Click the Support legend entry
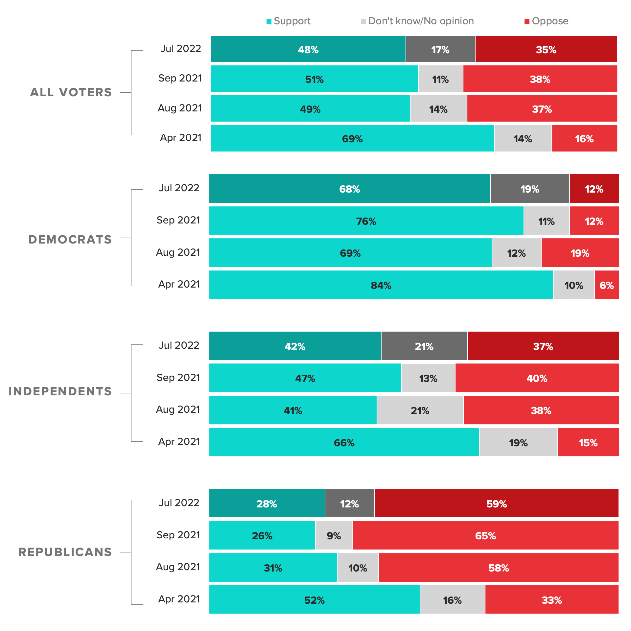pyautogui.click(x=289, y=21)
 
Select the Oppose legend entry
pyautogui.click(x=547, y=21)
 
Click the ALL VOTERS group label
pyautogui.click(x=71, y=92)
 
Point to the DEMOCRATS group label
pyautogui.click(x=70, y=240)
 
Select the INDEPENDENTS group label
pyautogui.click(x=60, y=391)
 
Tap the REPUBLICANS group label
pyautogui.click(x=65, y=552)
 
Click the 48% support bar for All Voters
pyautogui.click(x=308, y=49)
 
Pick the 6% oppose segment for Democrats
pyautogui.click(x=607, y=285)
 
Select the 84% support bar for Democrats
pyautogui.click(x=381, y=285)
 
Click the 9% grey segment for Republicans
pyautogui.click(x=334, y=535)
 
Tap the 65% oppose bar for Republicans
pyautogui.click(x=485, y=535)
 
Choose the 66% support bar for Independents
pyautogui.click(x=344, y=442)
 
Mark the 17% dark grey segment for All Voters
pyautogui.click(x=440, y=49)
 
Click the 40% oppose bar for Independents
pyautogui.click(x=537, y=378)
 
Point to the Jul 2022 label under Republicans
pyautogui.click(x=179, y=502)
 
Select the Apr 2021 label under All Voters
pyautogui.click(x=180, y=137)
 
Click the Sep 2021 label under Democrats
pyautogui.click(x=178, y=220)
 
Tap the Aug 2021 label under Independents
pyautogui.click(x=178, y=409)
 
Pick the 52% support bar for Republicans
pyautogui.click(x=314, y=600)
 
